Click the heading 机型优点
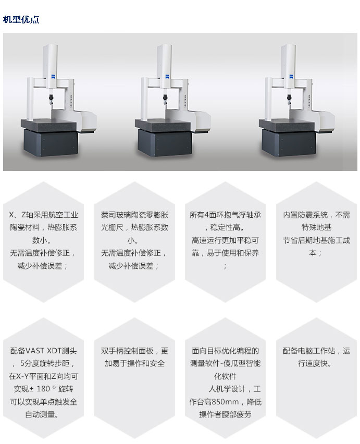pyautogui.click(x=21, y=19)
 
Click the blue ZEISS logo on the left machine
pyautogui.click(x=53, y=77)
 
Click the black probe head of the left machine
pyautogui.click(x=51, y=99)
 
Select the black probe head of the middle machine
pyautogui.click(x=165, y=99)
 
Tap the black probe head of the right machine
pyautogui.click(x=289, y=99)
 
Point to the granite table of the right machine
pyautogui.click(x=287, y=125)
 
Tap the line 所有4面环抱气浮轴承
pyautogui.click(x=225, y=215)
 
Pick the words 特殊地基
pyautogui.click(x=316, y=227)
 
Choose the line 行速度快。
pyautogui.click(x=315, y=363)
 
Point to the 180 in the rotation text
pyautogui.click(x=43, y=389)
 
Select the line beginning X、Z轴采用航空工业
pyautogui.click(x=44, y=215)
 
